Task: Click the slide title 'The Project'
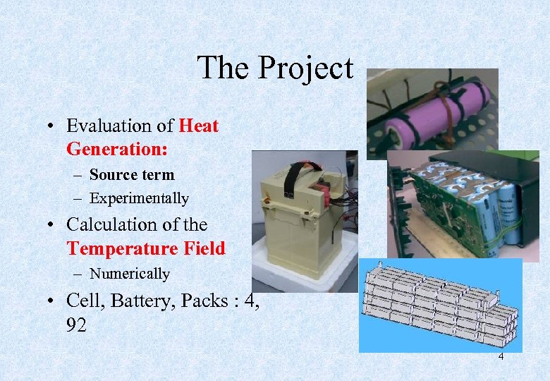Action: pyautogui.click(x=275, y=68)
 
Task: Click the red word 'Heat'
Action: pyautogui.click(x=199, y=126)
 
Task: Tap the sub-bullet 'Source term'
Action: pyautogui.click(x=132, y=174)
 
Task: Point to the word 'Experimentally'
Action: pyautogui.click(x=139, y=199)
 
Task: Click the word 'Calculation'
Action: pyautogui.click(x=113, y=225)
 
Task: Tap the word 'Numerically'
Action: pyautogui.click(x=130, y=274)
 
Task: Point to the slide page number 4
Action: pyautogui.click(x=501, y=357)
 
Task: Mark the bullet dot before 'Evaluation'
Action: pyautogui.click(x=52, y=127)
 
